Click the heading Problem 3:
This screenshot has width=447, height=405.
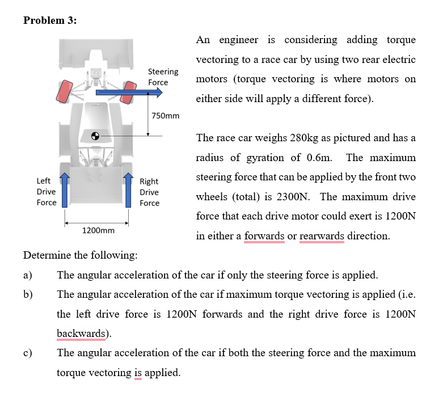click(x=50, y=20)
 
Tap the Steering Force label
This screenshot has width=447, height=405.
click(x=163, y=77)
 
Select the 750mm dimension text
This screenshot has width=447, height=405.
click(x=166, y=116)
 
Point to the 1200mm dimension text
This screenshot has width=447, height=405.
click(x=98, y=230)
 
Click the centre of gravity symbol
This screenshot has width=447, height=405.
click(x=96, y=136)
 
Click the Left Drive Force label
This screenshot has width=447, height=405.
click(x=47, y=192)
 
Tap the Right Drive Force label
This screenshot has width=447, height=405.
click(x=149, y=192)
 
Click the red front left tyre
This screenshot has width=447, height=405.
click(x=64, y=91)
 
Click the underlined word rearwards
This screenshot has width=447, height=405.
click(x=322, y=236)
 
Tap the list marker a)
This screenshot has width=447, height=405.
click(x=28, y=275)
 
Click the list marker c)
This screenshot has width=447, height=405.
click(x=28, y=353)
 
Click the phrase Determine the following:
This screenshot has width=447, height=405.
click(x=80, y=255)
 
